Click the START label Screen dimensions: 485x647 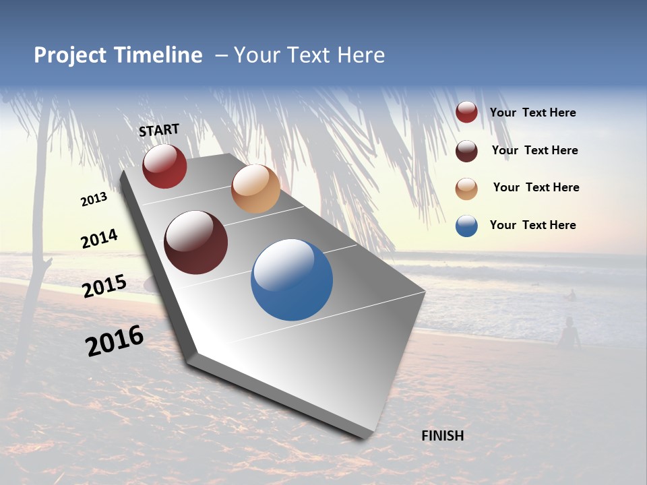tap(159, 130)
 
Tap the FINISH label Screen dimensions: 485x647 tap(442, 436)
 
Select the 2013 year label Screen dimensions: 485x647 tap(94, 199)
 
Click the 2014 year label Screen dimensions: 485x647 tap(99, 239)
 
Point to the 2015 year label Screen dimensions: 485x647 tap(104, 286)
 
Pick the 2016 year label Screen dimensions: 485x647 tap(115, 341)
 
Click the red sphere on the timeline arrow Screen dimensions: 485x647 tap(164, 166)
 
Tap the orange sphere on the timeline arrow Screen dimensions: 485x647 tap(255, 189)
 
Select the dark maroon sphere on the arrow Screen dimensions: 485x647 tap(196, 243)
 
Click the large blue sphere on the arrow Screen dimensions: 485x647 tap(292, 280)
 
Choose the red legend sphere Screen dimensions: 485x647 tap(466, 112)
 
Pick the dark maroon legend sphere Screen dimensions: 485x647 tap(466, 151)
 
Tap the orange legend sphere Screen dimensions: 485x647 tap(466, 189)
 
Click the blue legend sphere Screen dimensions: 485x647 tap(466, 226)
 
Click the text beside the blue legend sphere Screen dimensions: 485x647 tap(532, 225)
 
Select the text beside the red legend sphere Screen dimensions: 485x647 tap(532, 112)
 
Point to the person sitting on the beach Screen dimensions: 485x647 tap(569, 333)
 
